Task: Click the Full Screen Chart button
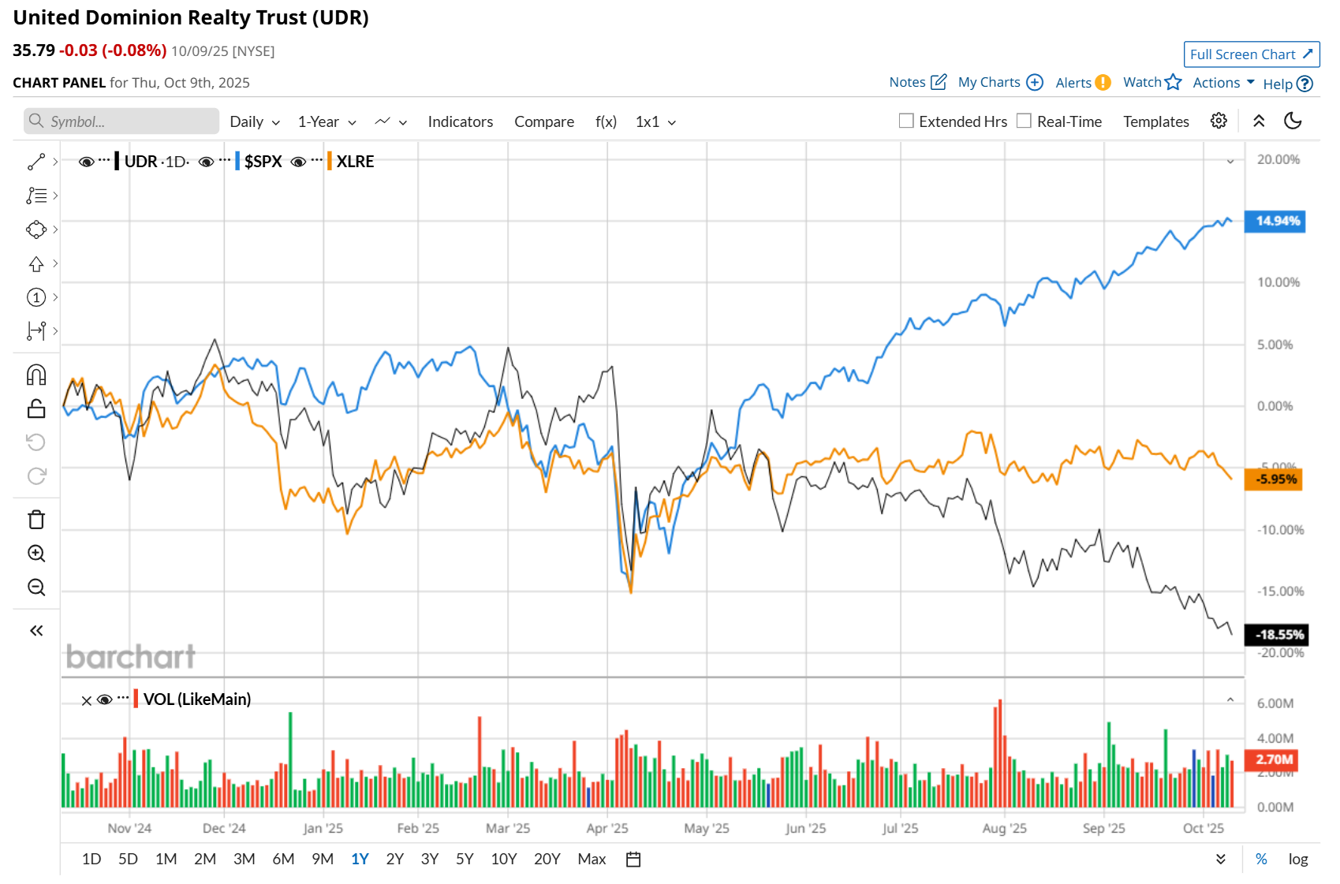(x=1251, y=54)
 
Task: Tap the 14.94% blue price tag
(x=1275, y=221)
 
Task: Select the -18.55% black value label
(x=1275, y=635)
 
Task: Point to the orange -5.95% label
(x=1273, y=479)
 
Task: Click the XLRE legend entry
(x=355, y=162)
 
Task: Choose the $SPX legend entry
(x=263, y=162)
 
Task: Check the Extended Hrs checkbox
(x=907, y=121)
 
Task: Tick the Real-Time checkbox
(x=1025, y=121)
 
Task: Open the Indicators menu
(x=460, y=121)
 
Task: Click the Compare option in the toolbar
(x=543, y=121)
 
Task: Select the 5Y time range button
(x=465, y=859)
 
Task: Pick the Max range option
(x=592, y=859)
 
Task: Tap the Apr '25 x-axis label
(x=607, y=828)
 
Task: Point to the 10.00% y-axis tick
(x=1278, y=282)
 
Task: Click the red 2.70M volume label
(x=1271, y=759)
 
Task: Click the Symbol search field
(x=122, y=121)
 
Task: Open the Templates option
(x=1155, y=121)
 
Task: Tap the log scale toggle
(x=1297, y=859)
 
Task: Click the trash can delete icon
(x=36, y=520)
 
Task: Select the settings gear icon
(x=1219, y=121)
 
